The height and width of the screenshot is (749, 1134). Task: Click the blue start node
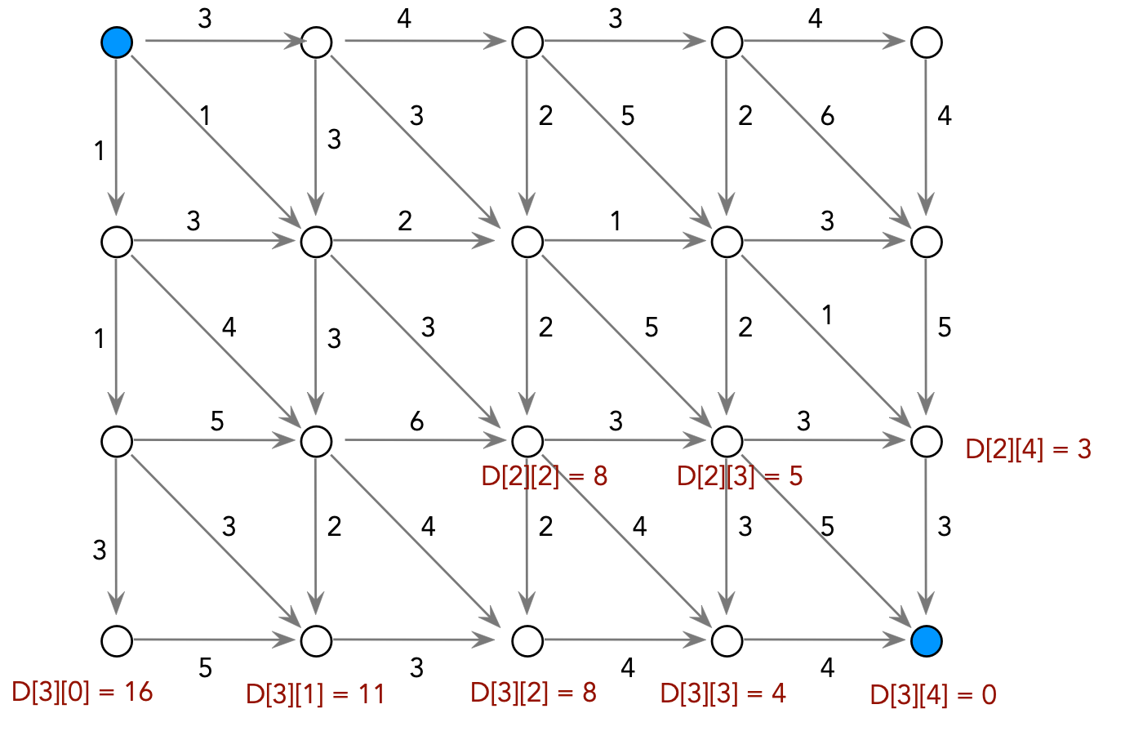click(117, 42)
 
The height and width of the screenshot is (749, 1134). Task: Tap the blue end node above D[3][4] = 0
click(927, 641)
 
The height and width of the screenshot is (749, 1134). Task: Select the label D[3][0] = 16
click(82, 692)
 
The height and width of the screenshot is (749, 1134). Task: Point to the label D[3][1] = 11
click(315, 693)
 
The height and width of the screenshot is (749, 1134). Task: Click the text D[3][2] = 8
click(534, 693)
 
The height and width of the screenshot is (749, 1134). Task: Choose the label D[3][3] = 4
click(723, 693)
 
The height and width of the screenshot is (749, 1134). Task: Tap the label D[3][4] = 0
click(933, 694)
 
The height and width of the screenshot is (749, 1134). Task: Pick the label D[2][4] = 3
click(1028, 448)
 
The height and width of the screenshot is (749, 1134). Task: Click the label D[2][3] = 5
click(740, 476)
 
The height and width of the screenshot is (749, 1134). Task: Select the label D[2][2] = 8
click(545, 476)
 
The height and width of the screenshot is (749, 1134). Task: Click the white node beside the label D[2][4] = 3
click(927, 442)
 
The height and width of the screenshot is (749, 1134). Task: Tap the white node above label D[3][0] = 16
click(117, 641)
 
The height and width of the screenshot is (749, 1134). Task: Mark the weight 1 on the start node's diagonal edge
click(205, 115)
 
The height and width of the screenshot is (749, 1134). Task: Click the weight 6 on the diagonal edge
click(827, 116)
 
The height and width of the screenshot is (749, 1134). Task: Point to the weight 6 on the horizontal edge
click(416, 421)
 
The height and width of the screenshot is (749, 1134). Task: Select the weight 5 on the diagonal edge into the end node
click(827, 527)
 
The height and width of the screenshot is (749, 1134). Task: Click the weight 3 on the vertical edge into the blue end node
click(944, 527)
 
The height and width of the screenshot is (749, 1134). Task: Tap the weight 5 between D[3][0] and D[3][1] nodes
click(205, 668)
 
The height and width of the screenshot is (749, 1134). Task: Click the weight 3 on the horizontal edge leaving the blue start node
click(205, 19)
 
